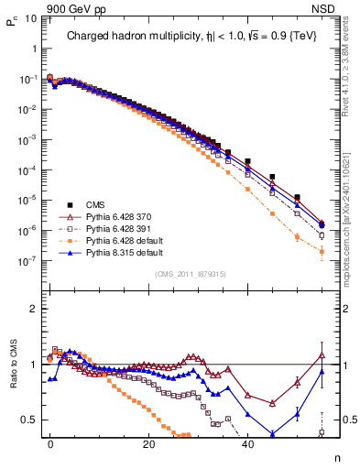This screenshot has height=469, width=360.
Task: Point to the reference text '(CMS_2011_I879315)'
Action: pyautogui.click(x=191, y=274)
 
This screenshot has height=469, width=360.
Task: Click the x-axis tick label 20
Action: pyautogui.click(x=148, y=442)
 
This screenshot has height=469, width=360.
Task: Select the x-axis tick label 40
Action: pyautogui.click(x=247, y=442)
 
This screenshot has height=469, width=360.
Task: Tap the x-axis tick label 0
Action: pyautogui.click(x=50, y=442)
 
